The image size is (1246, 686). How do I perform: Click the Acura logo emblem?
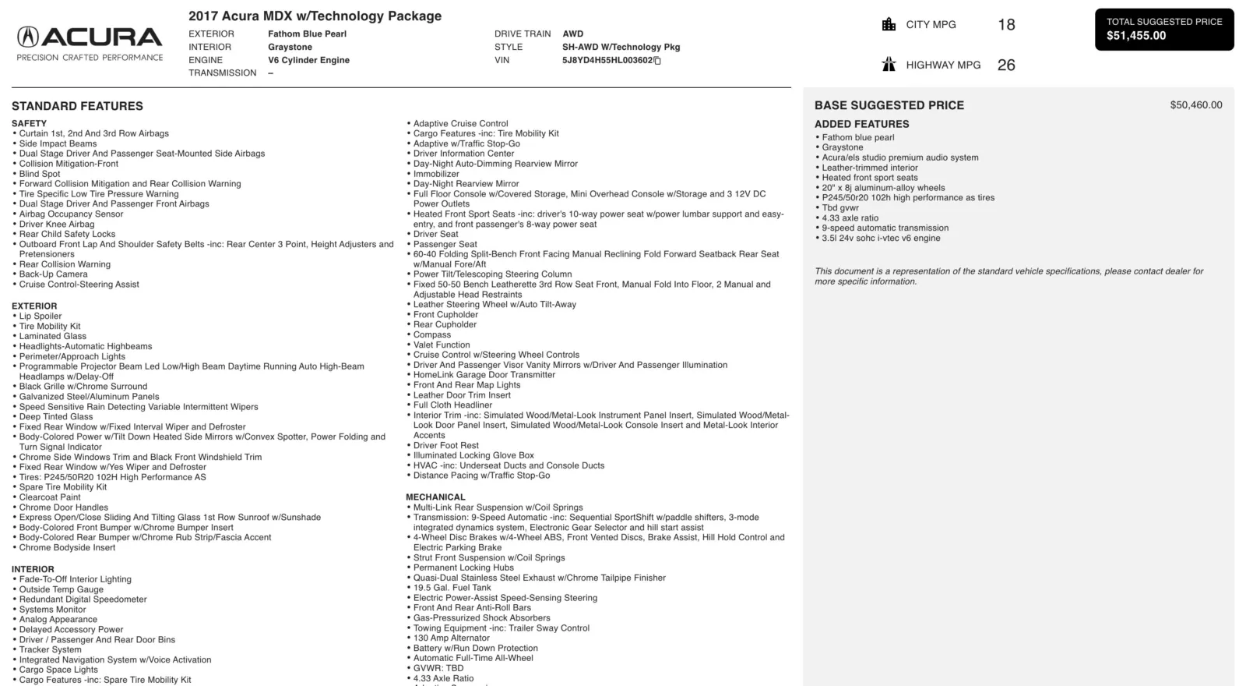pyautogui.click(x=28, y=37)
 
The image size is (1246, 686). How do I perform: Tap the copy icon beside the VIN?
pyautogui.click(x=657, y=61)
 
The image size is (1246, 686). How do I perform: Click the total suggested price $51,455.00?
pyautogui.click(x=1136, y=36)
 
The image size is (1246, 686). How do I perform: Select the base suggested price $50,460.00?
pyautogui.click(x=1195, y=105)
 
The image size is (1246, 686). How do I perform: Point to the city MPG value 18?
pyautogui.click(x=1006, y=25)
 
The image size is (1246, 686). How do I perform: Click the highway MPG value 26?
pyautogui.click(x=1006, y=65)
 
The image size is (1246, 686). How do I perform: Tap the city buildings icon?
pyautogui.click(x=889, y=24)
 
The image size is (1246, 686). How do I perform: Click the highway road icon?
pyautogui.click(x=889, y=65)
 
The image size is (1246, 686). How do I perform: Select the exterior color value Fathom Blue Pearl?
pyautogui.click(x=307, y=34)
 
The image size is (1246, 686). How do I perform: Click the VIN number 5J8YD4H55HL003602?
pyautogui.click(x=607, y=60)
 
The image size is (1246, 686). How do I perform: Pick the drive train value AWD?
pyautogui.click(x=572, y=34)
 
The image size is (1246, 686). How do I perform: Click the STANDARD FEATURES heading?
pyautogui.click(x=77, y=106)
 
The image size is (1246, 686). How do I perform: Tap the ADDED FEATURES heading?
pyautogui.click(x=861, y=124)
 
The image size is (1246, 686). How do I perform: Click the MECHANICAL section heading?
pyautogui.click(x=435, y=497)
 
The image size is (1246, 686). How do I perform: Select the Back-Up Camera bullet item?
pyautogui.click(x=53, y=274)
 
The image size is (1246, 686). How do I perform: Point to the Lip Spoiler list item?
pyautogui.click(x=40, y=316)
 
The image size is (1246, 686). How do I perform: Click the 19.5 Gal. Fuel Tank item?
pyautogui.click(x=452, y=588)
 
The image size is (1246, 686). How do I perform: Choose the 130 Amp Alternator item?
pyautogui.click(x=451, y=638)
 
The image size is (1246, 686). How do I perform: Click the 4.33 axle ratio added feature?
pyautogui.click(x=850, y=218)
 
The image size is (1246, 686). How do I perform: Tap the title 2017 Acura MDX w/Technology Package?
pyautogui.click(x=315, y=16)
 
